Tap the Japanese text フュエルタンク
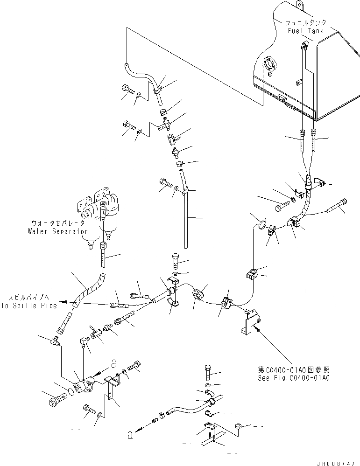pos(306,22)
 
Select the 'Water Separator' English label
pos(58,231)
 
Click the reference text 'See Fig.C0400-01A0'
pos(294,378)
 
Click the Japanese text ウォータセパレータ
pos(58,223)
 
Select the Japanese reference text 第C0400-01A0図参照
pos(294,369)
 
